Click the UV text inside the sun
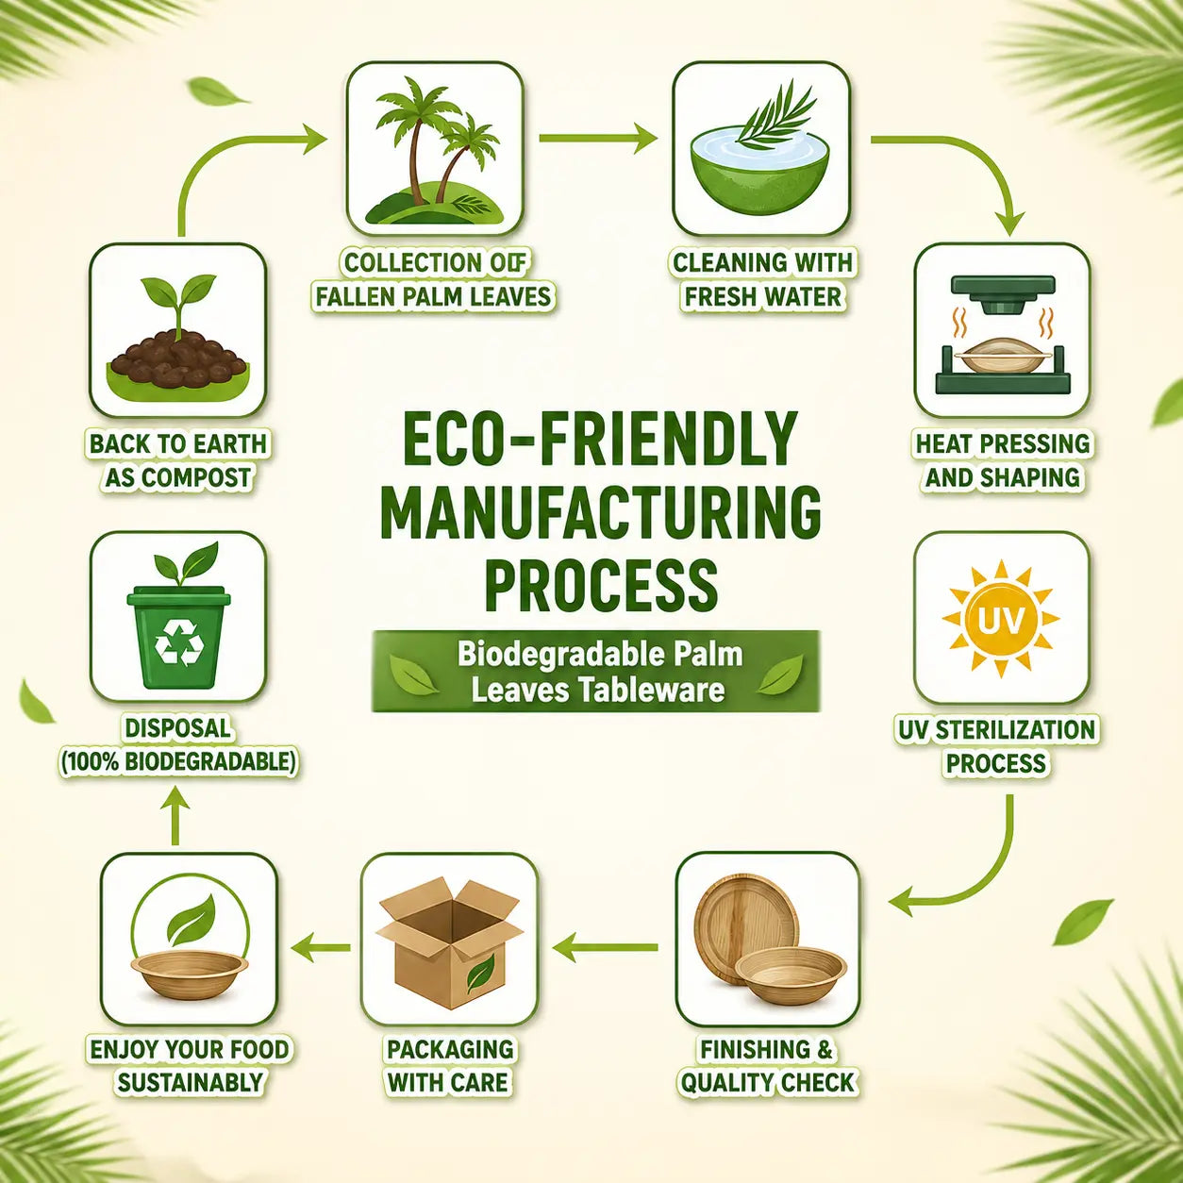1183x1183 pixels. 1000,622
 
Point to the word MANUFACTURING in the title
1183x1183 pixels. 601,511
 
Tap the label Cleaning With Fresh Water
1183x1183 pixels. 763,280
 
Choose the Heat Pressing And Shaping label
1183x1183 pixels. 1003,460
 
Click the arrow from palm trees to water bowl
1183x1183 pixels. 598,138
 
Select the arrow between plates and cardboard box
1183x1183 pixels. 605,948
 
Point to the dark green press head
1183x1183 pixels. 1002,294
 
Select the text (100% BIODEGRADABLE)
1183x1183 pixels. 177,762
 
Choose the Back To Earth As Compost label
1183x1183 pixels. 178,460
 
